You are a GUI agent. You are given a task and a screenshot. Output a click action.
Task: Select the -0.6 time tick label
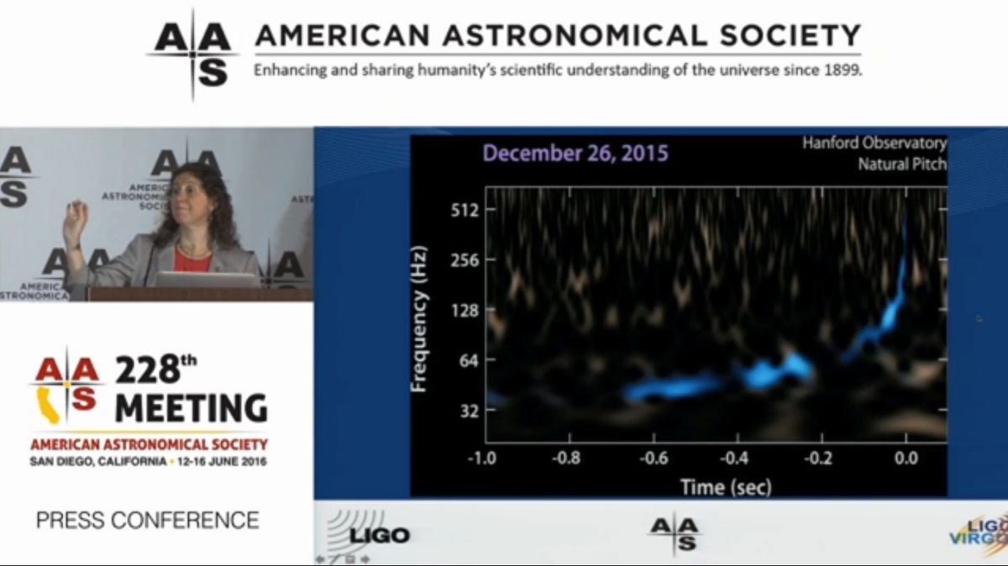(654, 459)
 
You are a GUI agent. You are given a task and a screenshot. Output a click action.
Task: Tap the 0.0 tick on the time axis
(906, 459)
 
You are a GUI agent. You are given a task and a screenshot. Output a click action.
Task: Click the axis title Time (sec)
(726, 485)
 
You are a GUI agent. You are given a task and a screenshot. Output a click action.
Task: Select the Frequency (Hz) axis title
(420, 319)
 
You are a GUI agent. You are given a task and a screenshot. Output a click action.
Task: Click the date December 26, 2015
(575, 154)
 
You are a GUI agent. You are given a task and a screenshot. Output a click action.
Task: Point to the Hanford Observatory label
(874, 144)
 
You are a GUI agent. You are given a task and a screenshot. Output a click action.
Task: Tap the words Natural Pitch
(901, 164)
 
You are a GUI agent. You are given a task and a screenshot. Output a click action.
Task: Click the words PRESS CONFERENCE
(147, 521)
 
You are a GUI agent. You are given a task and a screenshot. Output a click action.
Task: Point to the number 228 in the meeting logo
(147, 370)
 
